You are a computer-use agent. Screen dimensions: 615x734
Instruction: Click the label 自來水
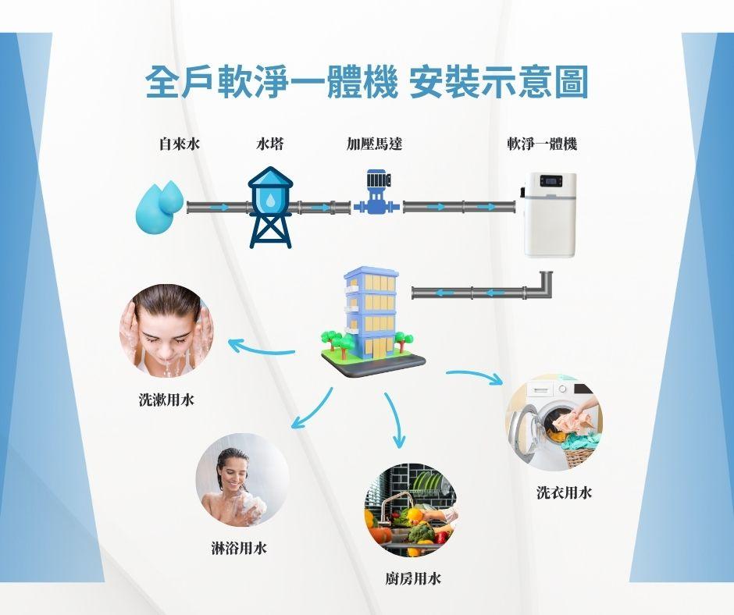coord(180,144)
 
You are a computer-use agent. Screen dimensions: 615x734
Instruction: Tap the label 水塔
coord(269,144)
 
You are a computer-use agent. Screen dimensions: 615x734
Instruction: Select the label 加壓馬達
coord(375,144)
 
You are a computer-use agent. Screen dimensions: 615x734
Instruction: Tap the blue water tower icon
coord(270,207)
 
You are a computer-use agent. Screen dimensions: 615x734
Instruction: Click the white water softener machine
coord(550,214)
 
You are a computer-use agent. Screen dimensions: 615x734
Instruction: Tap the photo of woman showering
coord(242,479)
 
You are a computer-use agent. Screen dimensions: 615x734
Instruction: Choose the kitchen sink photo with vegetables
coord(411,510)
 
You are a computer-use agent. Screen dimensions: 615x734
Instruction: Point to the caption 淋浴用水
coord(239,548)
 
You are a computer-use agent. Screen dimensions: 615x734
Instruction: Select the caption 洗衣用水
coord(564,492)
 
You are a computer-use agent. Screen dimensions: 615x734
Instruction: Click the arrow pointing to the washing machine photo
coord(476,375)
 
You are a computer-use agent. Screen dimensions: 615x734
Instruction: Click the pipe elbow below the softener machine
coord(542,286)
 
